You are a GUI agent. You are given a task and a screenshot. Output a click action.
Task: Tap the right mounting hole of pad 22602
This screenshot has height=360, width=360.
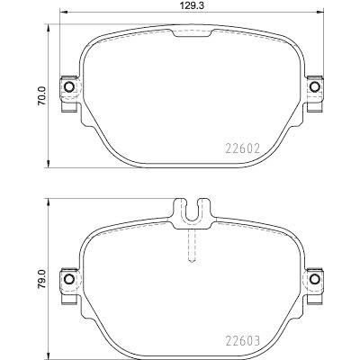[x=314, y=87]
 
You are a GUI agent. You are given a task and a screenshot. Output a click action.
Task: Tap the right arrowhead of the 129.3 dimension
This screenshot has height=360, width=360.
[x=320, y=14]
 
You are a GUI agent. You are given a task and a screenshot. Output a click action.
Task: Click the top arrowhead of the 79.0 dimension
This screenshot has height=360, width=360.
[x=48, y=202]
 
